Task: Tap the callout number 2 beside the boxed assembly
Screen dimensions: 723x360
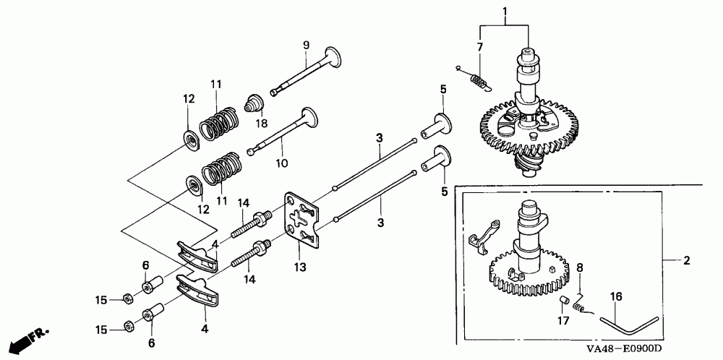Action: (x=687, y=261)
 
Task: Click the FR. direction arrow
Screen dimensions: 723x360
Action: (x=28, y=340)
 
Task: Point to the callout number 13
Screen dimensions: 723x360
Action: (x=301, y=267)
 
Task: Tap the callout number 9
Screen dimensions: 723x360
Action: (x=306, y=45)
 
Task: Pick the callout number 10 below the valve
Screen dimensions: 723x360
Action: (x=282, y=163)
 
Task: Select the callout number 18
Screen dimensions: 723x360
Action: (x=262, y=124)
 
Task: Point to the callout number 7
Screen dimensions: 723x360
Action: (x=479, y=46)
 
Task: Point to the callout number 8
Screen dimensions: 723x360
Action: (x=580, y=267)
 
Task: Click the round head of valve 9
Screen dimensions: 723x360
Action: (x=333, y=57)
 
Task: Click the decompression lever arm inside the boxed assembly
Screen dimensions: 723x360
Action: (x=484, y=236)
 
